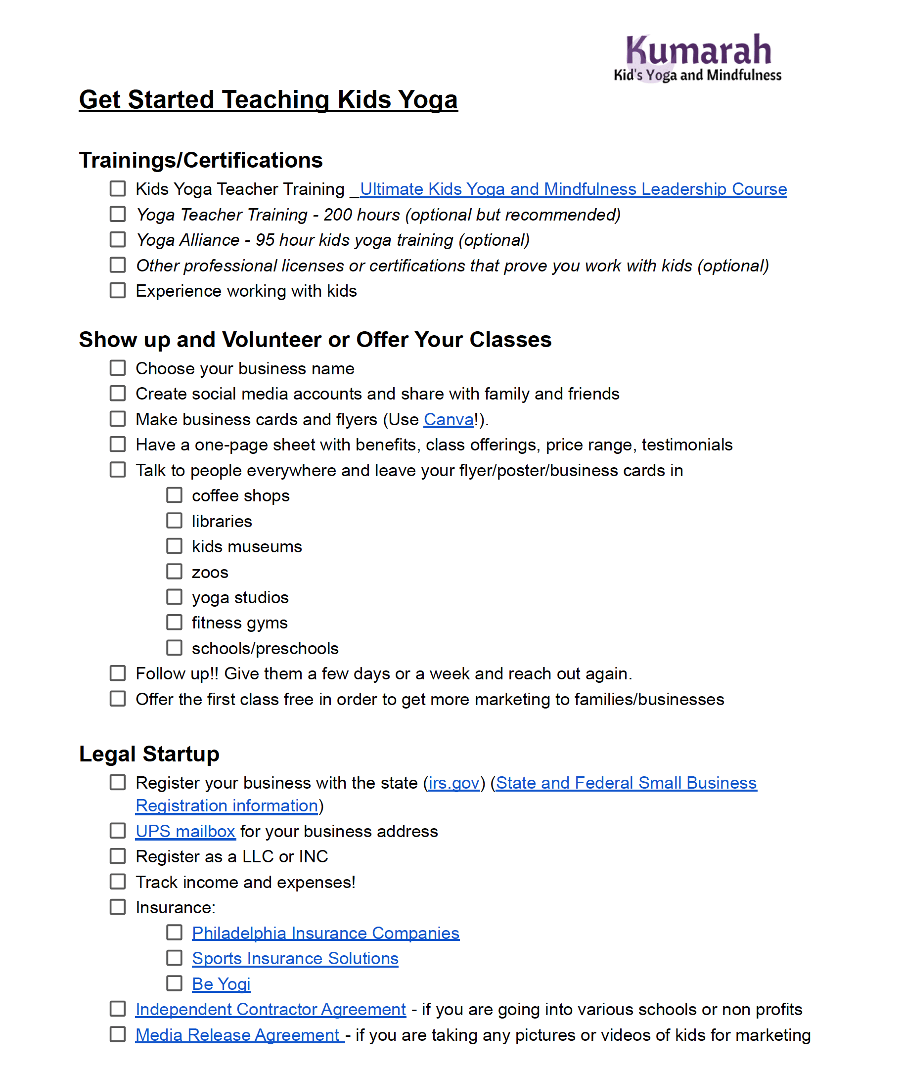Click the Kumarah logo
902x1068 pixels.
pos(698,57)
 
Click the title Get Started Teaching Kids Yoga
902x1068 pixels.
pos(268,100)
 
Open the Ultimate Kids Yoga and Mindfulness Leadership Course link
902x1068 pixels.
pos(573,189)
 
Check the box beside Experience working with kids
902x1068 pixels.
pos(118,291)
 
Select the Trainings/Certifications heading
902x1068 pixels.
pos(200,160)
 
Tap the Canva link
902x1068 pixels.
pos(449,420)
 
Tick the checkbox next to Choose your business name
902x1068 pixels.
pos(118,368)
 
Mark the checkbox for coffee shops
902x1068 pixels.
pos(175,495)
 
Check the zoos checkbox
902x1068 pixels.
pos(175,572)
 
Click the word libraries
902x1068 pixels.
pos(222,522)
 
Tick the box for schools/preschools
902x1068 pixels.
pos(175,648)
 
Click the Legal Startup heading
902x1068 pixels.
pos(149,754)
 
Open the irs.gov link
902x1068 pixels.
pos(453,783)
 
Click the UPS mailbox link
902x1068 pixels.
pos(185,832)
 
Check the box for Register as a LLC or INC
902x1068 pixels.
pos(118,856)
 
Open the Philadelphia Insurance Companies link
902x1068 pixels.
pos(325,934)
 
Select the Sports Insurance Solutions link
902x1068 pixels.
pos(295,959)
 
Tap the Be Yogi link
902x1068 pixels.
pos(221,984)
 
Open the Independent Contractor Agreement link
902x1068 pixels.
pos(271,1010)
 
